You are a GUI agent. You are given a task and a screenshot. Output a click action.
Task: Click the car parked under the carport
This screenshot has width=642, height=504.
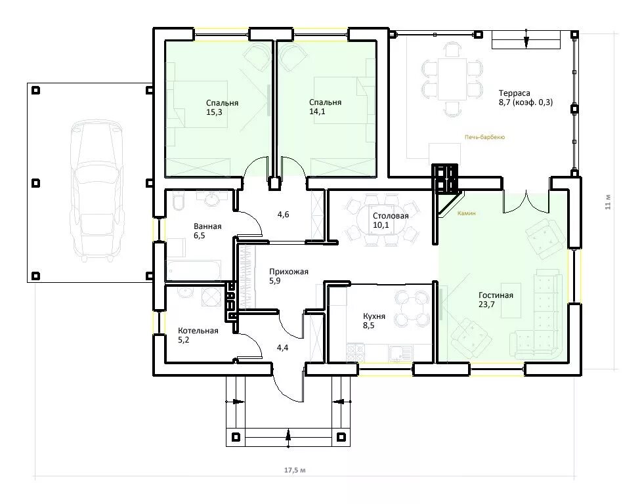(96, 191)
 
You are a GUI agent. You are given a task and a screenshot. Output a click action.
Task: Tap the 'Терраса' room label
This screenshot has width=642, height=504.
(514, 93)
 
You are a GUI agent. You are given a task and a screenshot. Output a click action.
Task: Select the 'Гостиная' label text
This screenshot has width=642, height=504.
(496, 295)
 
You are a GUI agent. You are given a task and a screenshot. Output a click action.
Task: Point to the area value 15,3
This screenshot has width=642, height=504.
(214, 112)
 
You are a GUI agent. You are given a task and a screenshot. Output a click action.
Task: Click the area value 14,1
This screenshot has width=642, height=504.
(317, 112)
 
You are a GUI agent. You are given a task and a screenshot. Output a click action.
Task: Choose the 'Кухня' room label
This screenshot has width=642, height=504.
(374, 316)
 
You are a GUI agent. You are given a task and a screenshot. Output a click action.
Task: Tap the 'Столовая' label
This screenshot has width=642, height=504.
(391, 216)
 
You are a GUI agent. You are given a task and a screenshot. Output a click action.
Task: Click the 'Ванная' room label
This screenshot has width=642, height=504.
(207, 226)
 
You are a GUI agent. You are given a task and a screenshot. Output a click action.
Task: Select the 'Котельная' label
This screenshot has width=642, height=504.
(198, 330)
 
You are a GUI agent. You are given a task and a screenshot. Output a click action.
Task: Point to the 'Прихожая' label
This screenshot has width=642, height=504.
(289, 272)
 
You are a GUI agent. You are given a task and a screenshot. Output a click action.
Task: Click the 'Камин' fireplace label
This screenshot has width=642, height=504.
(466, 213)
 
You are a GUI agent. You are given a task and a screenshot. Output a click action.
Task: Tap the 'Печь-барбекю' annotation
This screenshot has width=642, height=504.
(484, 137)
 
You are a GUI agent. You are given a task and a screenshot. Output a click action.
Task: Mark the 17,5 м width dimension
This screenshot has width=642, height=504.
(295, 470)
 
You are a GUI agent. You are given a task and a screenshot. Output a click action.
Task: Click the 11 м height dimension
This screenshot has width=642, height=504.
(608, 202)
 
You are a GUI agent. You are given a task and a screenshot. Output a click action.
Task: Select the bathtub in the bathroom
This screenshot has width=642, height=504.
(193, 270)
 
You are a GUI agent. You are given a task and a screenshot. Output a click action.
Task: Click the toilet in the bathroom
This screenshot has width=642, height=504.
(178, 201)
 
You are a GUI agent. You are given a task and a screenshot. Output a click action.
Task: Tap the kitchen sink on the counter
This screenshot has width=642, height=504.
(396, 353)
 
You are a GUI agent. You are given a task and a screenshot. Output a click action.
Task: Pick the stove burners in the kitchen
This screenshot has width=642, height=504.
(355, 353)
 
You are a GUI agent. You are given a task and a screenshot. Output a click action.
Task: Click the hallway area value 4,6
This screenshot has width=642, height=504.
(284, 214)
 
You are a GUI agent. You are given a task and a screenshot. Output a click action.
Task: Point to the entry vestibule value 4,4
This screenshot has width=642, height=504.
(282, 348)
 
